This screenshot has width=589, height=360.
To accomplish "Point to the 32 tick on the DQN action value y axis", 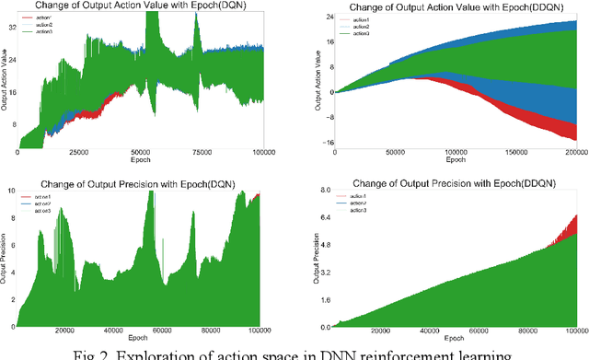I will [x=11, y=28].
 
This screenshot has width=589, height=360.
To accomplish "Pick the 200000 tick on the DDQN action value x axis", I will [x=576, y=153].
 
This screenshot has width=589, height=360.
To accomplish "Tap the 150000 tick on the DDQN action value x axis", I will [x=515, y=153].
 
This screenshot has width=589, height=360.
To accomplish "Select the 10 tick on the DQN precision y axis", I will [x=10, y=190].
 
